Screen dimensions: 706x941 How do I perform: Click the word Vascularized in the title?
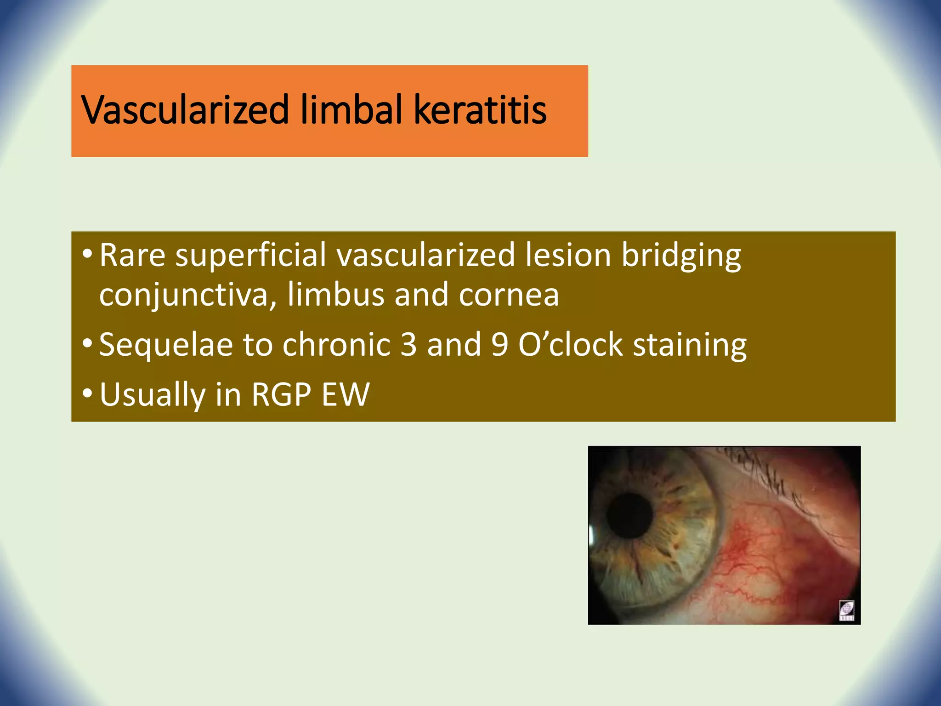(x=185, y=110)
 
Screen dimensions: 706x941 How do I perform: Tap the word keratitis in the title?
(x=480, y=110)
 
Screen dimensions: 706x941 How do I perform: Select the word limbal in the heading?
(x=351, y=110)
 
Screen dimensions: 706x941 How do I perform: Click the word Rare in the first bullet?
(x=132, y=255)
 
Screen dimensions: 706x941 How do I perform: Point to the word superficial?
(x=251, y=256)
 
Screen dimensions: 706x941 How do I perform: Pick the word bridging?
(x=681, y=256)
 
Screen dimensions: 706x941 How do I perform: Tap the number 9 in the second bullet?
(x=499, y=345)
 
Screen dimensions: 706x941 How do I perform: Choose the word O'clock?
(x=570, y=345)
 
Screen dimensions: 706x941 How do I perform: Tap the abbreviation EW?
(x=345, y=394)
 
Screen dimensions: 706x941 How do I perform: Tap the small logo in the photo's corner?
(x=846, y=610)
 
